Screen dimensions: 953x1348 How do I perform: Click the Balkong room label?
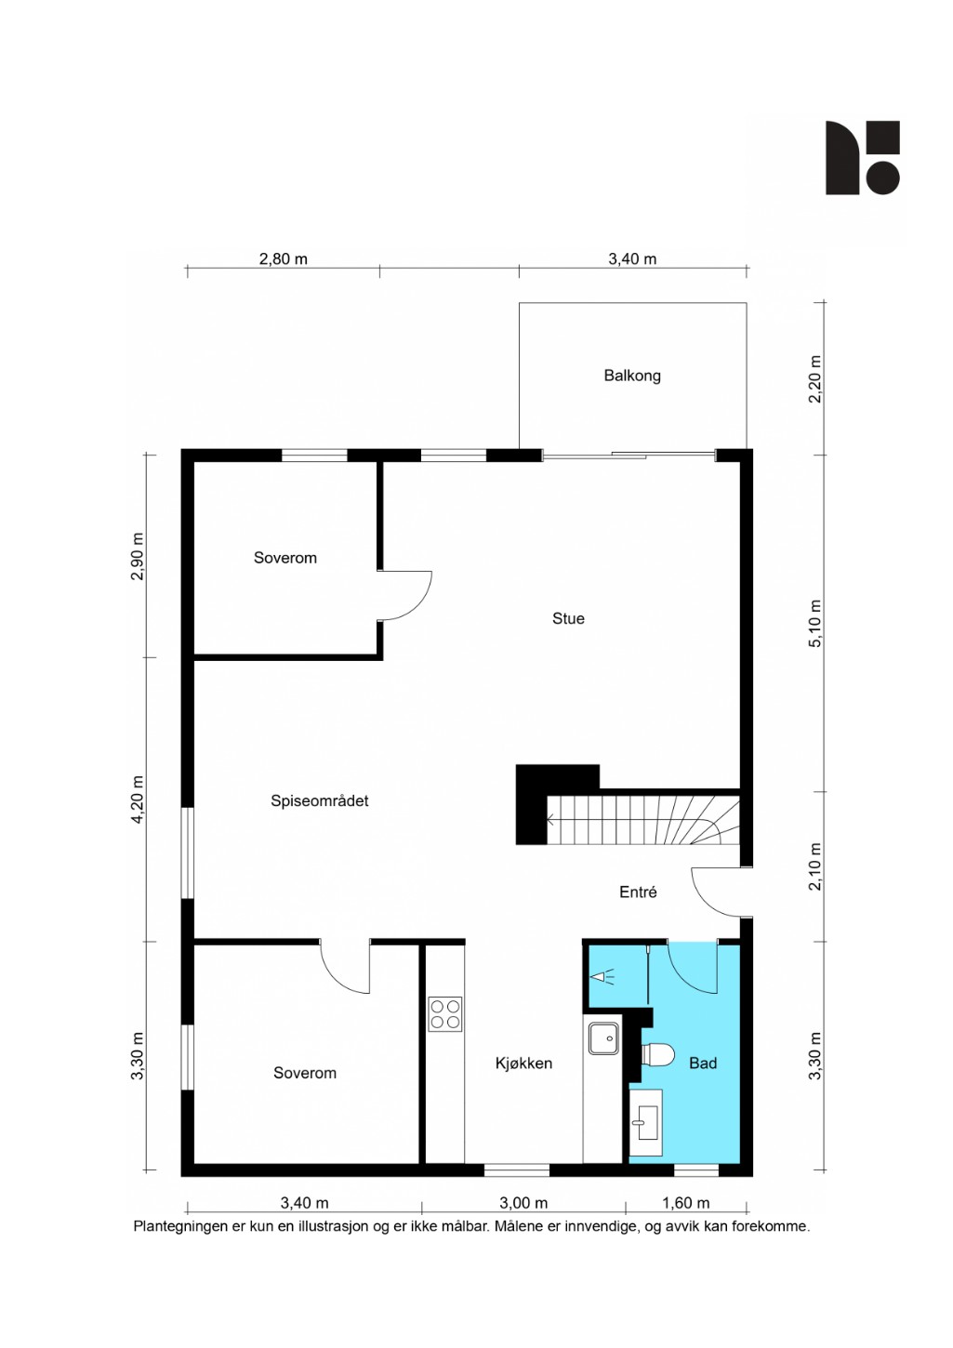tap(632, 376)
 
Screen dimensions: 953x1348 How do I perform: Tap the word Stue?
tap(568, 618)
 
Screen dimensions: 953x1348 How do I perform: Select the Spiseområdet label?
tap(319, 801)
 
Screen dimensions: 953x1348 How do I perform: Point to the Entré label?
tap(638, 892)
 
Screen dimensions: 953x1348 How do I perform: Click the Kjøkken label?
tap(523, 1064)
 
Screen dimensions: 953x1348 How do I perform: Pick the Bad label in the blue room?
tap(703, 1064)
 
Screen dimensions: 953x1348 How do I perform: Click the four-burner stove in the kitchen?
tap(445, 1014)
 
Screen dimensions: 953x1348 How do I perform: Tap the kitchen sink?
tap(603, 1038)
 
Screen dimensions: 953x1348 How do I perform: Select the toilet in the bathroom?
tap(658, 1053)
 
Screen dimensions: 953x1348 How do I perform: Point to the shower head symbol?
tap(602, 977)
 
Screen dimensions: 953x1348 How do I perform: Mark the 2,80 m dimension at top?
tap(283, 258)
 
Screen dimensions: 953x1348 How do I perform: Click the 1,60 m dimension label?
tap(686, 1203)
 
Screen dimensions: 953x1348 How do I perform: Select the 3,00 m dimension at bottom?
tap(523, 1203)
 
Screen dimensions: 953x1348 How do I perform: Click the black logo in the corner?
tap(862, 158)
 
